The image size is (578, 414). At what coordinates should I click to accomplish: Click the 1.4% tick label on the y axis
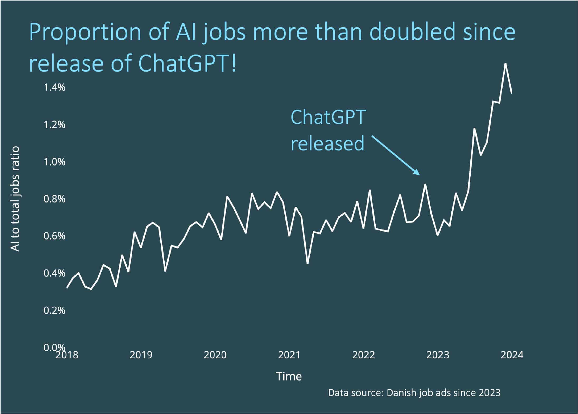point(54,87)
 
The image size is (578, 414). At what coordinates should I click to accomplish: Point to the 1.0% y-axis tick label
point(54,162)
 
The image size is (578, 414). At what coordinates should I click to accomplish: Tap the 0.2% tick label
point(54,310)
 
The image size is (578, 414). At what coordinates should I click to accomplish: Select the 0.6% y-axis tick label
point(54,236)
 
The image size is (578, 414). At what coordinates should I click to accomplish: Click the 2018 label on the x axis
point(67,355)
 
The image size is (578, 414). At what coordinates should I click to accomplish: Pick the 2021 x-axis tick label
point(289,355)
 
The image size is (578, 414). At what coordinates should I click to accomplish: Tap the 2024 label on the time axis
point(512,355)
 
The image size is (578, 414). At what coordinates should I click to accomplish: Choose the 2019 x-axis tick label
point(141,355)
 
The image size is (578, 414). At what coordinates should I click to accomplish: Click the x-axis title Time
point(289,376)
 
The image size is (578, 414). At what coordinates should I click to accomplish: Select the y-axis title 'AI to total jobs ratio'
point(15,199)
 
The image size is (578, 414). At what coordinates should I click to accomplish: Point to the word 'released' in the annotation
point(327,143)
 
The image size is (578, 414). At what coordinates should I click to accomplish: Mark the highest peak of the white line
point(505,64)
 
